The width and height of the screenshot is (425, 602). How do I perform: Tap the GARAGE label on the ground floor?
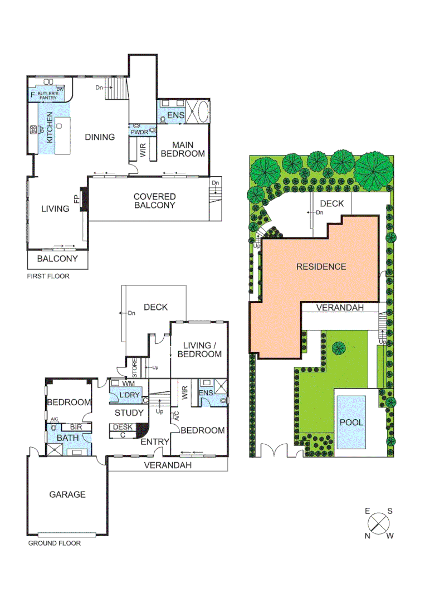(67, 494)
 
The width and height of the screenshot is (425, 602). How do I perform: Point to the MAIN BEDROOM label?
(183, 149)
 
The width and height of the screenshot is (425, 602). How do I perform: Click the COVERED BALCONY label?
(154, 201)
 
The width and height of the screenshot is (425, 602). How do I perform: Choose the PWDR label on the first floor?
(139, 133)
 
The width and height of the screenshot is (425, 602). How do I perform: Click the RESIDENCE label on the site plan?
(321, 266)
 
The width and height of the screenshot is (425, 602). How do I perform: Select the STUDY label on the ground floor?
(129, 413)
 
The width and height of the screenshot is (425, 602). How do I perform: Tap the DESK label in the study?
(123, 427)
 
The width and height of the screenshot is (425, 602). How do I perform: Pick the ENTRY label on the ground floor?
(155, 442)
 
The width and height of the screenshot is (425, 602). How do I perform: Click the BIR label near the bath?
(76, 426)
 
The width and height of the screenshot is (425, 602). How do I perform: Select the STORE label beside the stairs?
(134, 368)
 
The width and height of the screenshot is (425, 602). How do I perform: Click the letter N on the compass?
(368, 536)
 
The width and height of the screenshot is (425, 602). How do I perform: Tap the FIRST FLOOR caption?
(48, 276)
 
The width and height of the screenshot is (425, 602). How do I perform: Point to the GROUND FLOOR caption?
(54, 543)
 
